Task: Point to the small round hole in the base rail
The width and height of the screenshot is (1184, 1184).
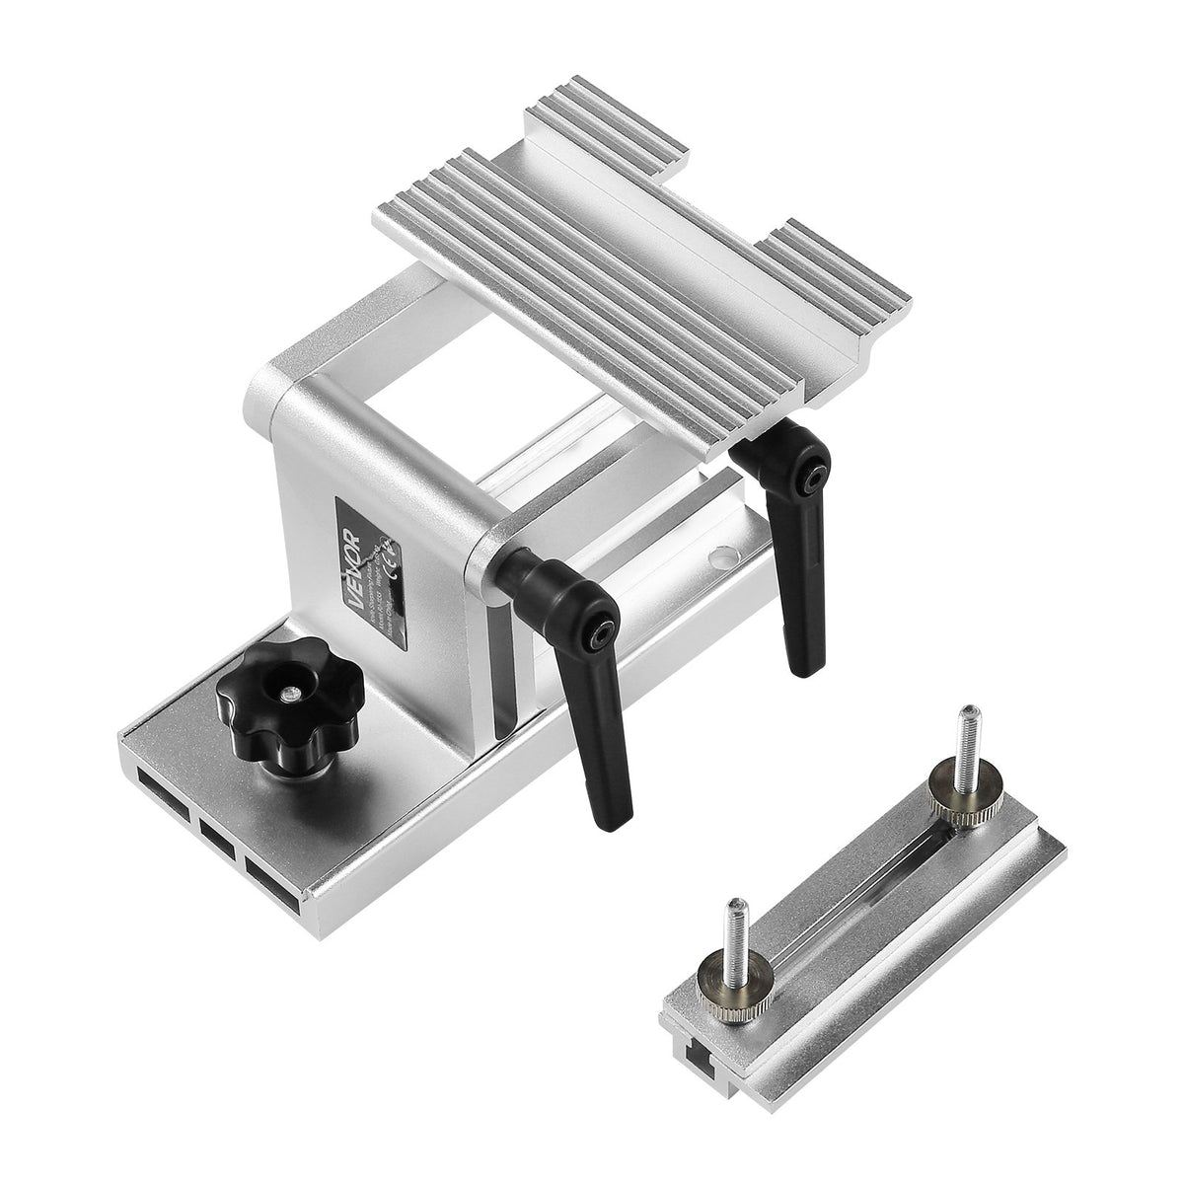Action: coord(723,558)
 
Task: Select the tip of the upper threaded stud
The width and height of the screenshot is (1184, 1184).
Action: coord(971,712)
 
